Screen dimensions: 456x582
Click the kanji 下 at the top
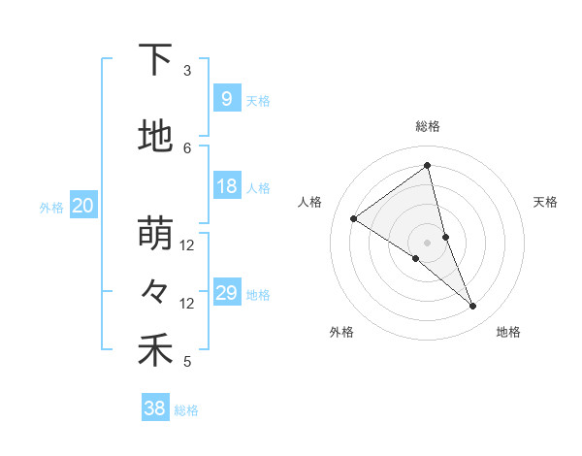(x=155, y=61)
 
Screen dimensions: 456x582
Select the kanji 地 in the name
(x=155, y=137)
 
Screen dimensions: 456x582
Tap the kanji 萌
(x=155, y=234)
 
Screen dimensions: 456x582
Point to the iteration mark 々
(x=155, y=291)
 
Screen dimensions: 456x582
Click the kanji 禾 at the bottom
(x=155, y=350)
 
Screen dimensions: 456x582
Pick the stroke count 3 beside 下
(x=187, y=71)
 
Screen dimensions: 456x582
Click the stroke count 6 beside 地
(x=187, y=147)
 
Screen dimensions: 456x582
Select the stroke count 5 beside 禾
(x=187, y=362)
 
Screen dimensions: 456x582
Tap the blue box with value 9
(x=226, y=98)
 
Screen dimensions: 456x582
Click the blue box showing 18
(x=226, y=186)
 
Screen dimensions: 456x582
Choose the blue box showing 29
(x=226, y=293)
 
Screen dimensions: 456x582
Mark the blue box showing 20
(x=83, y=206)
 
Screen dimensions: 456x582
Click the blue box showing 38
(x=155, y=408)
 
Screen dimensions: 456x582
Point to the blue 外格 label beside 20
(x=51, y=207)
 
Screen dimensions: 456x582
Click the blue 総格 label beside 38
(x=186, y=410)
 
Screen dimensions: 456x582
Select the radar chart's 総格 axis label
(x=428, y=126)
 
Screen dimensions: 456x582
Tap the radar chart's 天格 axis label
(x=546, y=202)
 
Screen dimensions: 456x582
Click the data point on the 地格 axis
(x=473, y=307)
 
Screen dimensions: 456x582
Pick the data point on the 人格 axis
(x=353, y=218)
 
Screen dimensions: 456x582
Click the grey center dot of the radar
(x=428, y=243)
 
